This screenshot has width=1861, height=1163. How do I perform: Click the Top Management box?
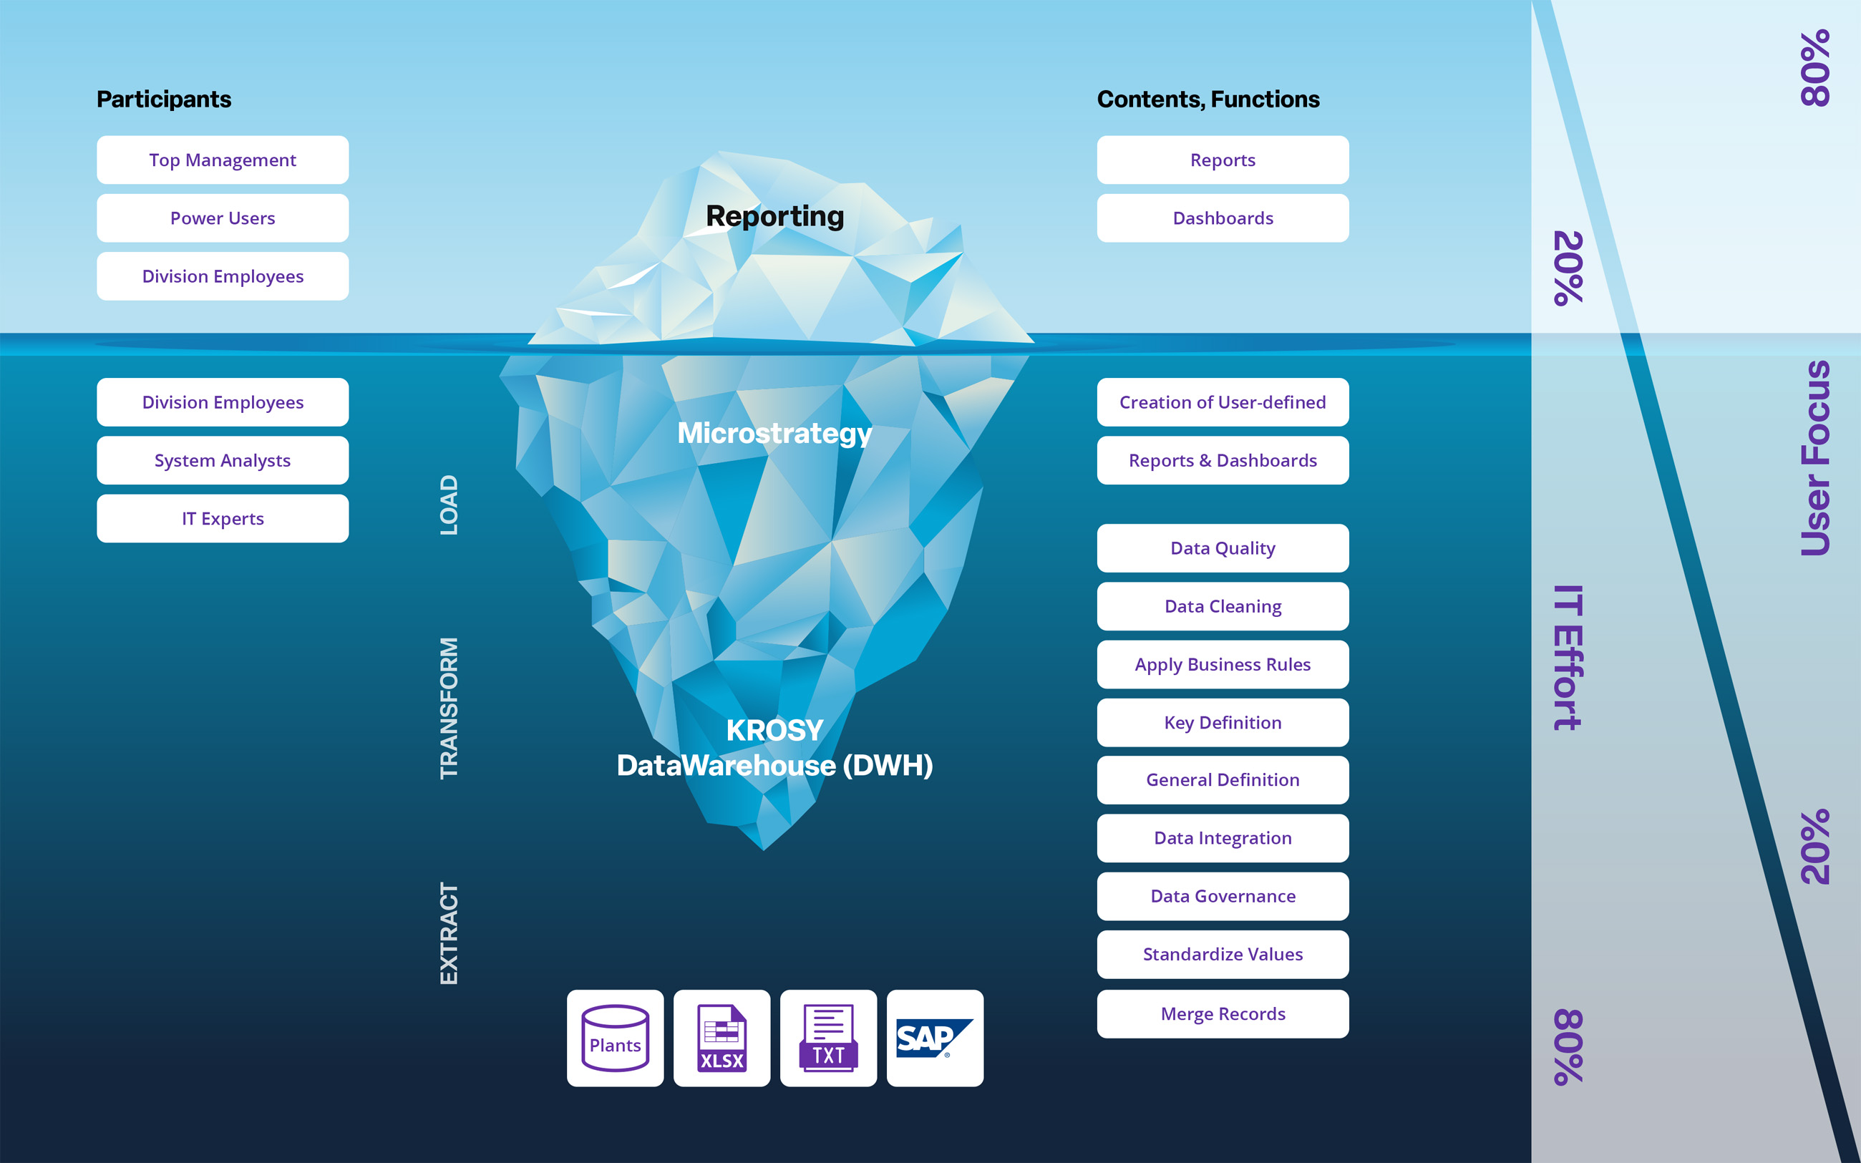point(222,160)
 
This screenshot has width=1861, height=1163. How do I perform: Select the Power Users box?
point(222,218)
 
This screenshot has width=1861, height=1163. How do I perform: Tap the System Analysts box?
point(222,461)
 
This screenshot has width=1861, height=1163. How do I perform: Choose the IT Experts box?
point(222,518)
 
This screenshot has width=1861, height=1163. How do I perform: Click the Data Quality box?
point(1223,548)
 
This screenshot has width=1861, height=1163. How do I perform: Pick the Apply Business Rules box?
point(1223,665)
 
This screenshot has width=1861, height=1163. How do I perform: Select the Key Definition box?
point(1223,722)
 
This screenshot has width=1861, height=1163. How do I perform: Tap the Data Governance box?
point(1223,896)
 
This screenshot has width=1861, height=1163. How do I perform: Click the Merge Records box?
point(1223,1014)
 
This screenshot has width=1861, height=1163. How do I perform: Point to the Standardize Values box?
point(1223,955)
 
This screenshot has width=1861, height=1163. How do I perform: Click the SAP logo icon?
point(934,1038)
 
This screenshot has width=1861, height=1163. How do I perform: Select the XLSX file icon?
point(721,1038)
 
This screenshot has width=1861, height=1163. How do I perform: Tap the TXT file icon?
point(828,1038)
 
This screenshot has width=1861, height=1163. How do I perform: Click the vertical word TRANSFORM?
point(448,709)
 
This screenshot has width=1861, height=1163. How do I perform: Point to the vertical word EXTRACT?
point(448,933)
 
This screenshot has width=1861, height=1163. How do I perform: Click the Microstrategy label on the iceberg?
point(774,433)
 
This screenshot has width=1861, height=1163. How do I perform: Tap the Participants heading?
point(164,99)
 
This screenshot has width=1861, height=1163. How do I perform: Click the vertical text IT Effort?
point(1568,658)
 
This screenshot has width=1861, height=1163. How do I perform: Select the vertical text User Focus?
point(1815,459)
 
